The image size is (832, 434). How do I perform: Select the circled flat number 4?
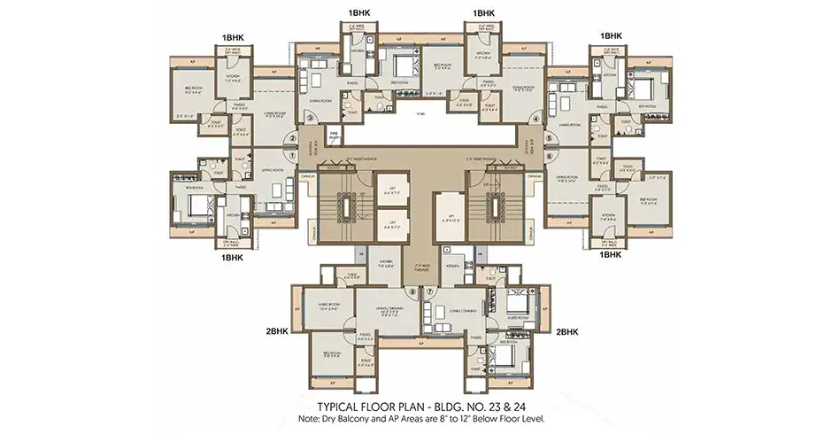(x=535, y=118)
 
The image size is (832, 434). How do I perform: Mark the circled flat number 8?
(x=412, y=291)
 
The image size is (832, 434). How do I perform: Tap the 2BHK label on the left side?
(x=277, y=332)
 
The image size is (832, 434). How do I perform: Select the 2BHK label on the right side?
(x=567, y=332)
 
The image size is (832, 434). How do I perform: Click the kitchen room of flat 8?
(x=387, y=271)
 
